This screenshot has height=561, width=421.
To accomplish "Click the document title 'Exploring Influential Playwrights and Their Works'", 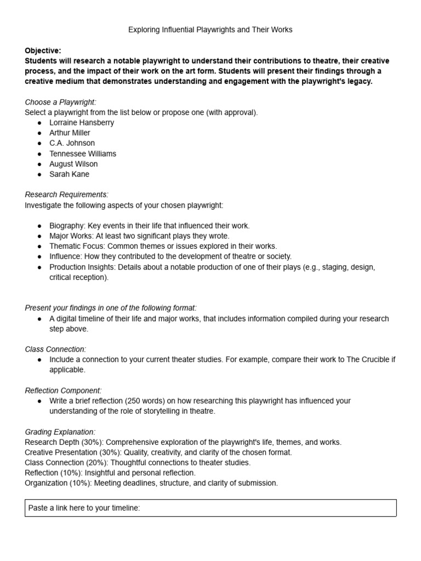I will point(210,30).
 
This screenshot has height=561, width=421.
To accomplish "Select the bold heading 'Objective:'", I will point(43,50).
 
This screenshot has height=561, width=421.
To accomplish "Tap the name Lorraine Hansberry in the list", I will point(82,123).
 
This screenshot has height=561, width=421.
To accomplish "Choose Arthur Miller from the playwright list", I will point(70,133).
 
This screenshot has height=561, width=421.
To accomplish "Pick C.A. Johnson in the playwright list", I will point(72,144).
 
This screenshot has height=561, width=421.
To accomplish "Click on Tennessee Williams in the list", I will point(83,154).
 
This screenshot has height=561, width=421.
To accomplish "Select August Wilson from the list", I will point(73,164).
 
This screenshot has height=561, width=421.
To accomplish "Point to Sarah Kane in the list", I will point(69,175).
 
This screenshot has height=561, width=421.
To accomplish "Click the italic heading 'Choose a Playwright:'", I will point(60,102).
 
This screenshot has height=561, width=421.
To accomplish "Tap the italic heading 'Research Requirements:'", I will point(66,194).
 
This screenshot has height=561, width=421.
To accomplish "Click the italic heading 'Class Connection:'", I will point(55,350).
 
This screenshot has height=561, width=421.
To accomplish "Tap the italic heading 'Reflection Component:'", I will point(63,391).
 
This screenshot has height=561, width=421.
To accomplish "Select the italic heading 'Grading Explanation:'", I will point(60,432).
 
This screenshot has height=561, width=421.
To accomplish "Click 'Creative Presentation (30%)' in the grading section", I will point(73,453).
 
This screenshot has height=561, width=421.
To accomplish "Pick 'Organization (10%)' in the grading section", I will point(57,483).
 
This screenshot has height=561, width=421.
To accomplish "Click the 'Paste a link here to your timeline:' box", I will point(210,508).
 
